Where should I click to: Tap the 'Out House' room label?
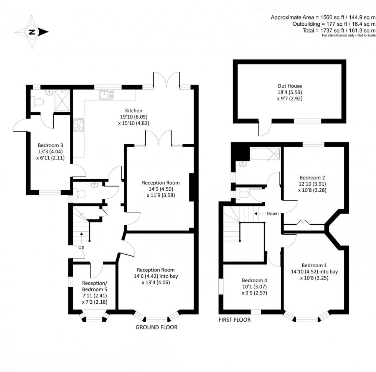290,86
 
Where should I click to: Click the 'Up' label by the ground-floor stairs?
81,247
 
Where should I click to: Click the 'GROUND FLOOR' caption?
156,327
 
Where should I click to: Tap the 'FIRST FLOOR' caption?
235,319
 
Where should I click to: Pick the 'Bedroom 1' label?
314,265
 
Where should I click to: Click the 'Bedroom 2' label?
312,178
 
